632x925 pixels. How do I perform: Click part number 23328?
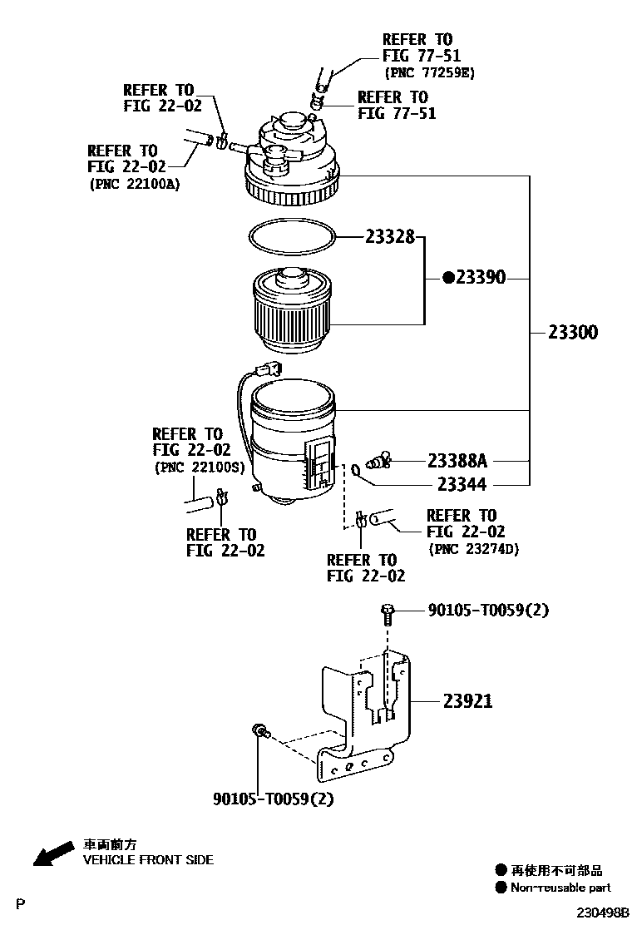pyautogui.click(x=389, y=236)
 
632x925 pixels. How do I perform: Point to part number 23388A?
pyautogui.click(x=457, y=460)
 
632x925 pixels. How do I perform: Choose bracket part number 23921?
pyautogui.click(x=467, y=701)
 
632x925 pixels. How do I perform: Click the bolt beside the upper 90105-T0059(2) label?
pyautogui.click(x=387, y=613)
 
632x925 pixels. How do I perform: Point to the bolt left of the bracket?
pyautogui.click(x=260, y=731)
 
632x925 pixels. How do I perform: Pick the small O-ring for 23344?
pyautogui.click(x=356, y=471)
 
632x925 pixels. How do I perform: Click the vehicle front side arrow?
pyautogui.click(x=50, y=853)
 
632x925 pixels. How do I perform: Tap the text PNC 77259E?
pyautogui.click(x=429, y=72)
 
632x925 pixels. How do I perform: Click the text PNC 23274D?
pyautogui.click(x=473, y=549)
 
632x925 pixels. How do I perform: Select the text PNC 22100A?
pyautogui.click(x=134, y=184)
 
